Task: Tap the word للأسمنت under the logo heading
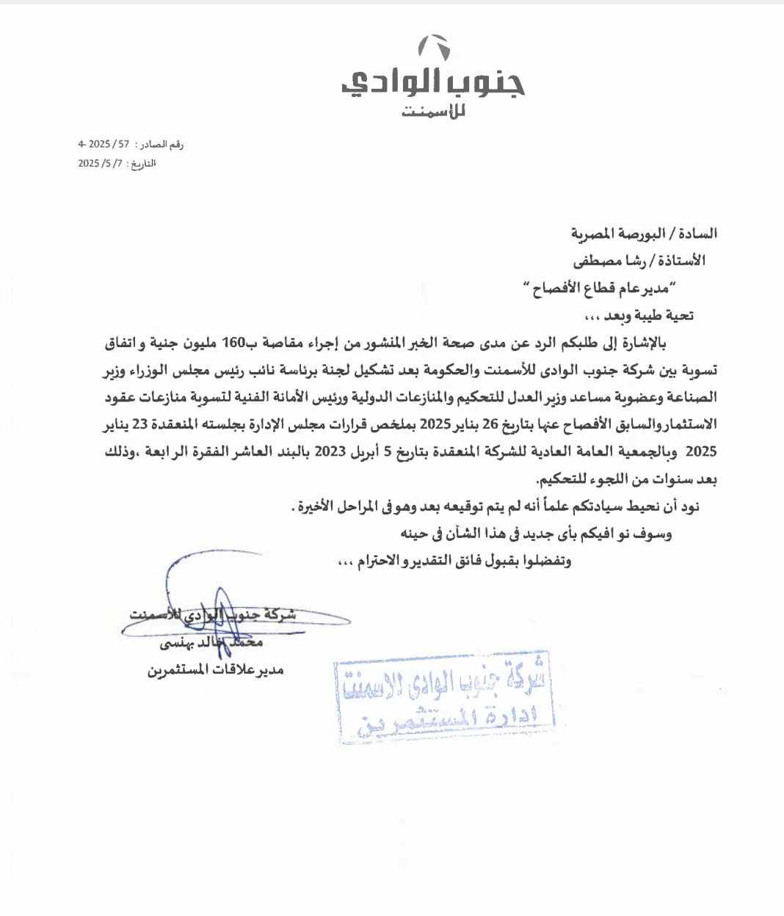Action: (435, 113)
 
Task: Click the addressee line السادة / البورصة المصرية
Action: (644, 234)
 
